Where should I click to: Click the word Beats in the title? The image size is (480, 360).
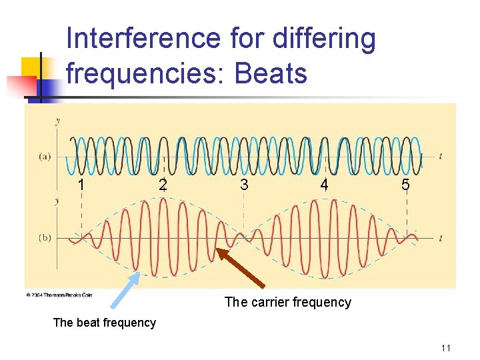(x=271, y=73)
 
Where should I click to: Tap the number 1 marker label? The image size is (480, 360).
(x=81, y=185)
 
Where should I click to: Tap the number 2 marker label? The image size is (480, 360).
(x=163, y=185)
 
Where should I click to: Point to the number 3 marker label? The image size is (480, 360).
(x=244, y=185)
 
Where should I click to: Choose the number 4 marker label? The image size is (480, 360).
(x=324, y=184)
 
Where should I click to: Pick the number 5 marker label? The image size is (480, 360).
(x=405, y=185)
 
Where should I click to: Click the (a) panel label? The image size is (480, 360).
(x=44, y=157)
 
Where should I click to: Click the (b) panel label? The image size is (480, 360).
(x=44, y=237)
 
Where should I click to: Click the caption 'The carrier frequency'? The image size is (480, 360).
(x=288, y=303)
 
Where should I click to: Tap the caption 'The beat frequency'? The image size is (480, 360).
(x=104, y=323)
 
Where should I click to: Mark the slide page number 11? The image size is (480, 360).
(x=446, y=348)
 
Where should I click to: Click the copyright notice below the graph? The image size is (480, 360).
(x=59, y=295)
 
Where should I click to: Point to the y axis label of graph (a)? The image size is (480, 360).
(x=58, y=121)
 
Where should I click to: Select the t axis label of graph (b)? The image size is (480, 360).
(x=441, y=237)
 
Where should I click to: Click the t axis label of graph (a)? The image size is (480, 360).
(x=441, y=156)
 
